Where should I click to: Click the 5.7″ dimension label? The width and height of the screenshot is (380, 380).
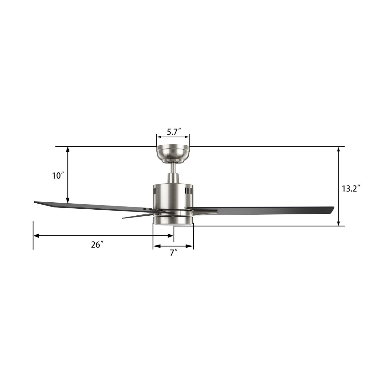point(173,132)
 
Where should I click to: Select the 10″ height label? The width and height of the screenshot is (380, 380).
point(58,176)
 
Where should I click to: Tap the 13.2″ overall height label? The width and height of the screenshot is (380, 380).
point(351,189)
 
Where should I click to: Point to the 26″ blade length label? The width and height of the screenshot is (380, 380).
point(97,244)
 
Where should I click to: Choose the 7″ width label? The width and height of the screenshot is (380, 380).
point(173,253)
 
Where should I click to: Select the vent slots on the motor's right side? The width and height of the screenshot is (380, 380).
point(188,191)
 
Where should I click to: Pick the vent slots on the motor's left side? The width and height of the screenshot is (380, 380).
point(155,192)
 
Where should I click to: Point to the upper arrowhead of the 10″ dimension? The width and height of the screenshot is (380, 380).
point(67,149)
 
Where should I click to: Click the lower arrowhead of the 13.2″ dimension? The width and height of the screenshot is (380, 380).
point(339,223)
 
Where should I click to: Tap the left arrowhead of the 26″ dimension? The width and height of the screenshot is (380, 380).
point(36,236)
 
